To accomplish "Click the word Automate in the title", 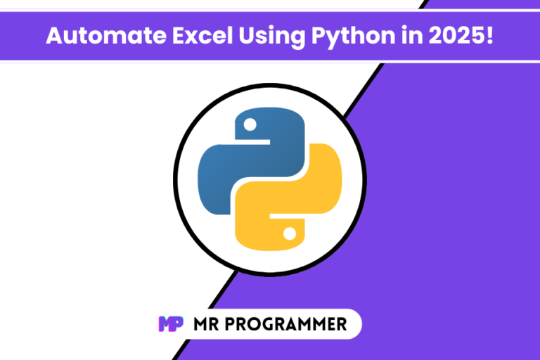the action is tap(106, 35).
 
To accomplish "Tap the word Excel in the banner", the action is tap(202, 35).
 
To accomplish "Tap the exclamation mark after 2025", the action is tap(489, 35).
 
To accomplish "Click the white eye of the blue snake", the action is tap(250, 124).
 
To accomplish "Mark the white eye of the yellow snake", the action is tap(290, 233).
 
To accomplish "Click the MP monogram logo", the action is tap(171, 324).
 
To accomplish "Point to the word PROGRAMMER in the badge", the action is tap(286, 324).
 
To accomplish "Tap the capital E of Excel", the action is tap(179, 35).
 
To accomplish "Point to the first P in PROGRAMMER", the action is tap(231, 324).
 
